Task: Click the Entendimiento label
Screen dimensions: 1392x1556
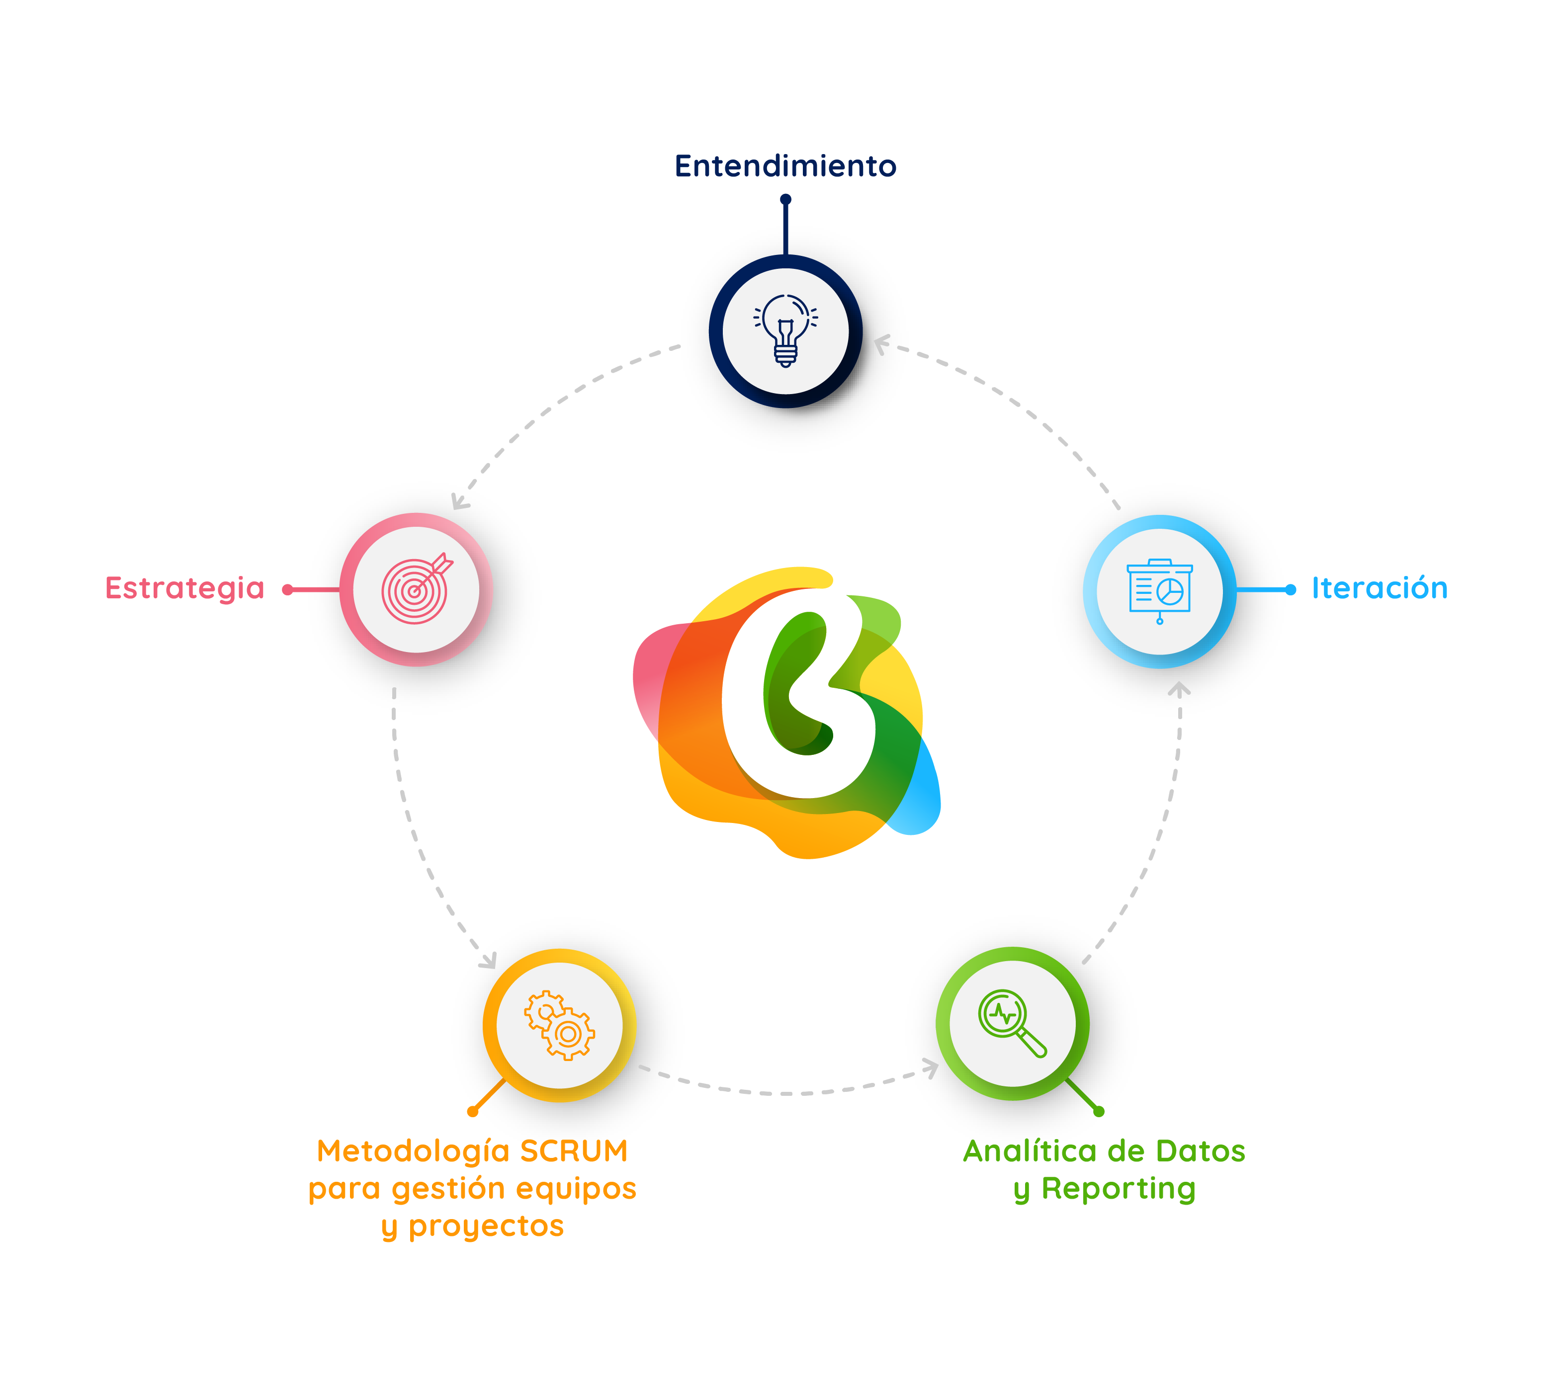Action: click(x=785, y=166)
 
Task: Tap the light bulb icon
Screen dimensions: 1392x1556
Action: click(x=785, y=330)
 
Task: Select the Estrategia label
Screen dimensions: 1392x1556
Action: click(x=184, y=588)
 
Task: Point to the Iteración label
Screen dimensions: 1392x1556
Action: click(x=1380, y=588)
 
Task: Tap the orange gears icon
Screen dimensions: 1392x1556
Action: click(x=559, y=1025)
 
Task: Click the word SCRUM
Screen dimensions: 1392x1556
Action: click(x=574, y=1151)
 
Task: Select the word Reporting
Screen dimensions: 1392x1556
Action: click(x=1119, y=1189)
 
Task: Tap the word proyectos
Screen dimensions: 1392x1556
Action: click(x=487, y=1226)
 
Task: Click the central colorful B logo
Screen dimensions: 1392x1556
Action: click(x=788, y=711)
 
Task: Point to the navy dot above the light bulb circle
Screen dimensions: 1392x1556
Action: click(x=785, y=199)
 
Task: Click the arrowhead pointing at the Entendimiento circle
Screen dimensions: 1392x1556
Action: click(x=882, y=344)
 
